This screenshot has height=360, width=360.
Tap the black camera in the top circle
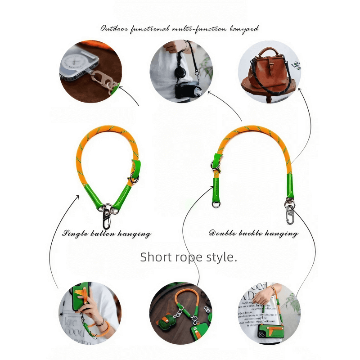coord(184,90)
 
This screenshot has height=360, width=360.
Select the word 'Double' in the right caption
coord(220,234)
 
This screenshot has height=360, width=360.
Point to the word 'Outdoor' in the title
coord(114,29)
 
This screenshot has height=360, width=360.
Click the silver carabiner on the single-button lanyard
coord(107,218)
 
